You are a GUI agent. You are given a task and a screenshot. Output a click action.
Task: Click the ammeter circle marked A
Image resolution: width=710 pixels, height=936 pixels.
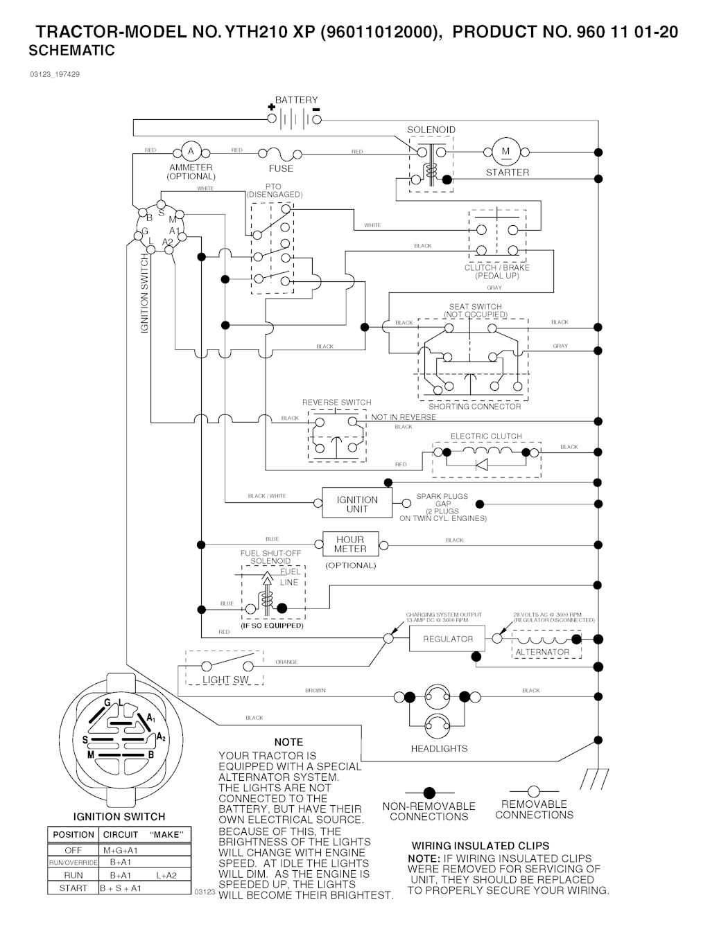pyautogui.click(x=191, y=151)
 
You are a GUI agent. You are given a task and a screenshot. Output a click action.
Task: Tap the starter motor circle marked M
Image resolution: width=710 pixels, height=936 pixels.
pyautogui.click(x=505, y=152)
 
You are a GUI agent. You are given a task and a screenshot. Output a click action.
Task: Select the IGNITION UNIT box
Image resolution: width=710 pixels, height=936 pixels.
pyautogui.click(x=357, y=504)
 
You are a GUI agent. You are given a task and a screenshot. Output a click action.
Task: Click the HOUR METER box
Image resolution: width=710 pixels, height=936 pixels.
pyautogui.click(x=350, y=544)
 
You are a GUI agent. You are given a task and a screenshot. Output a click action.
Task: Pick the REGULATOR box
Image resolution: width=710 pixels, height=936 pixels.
pyautogui.click(x=448, y=639)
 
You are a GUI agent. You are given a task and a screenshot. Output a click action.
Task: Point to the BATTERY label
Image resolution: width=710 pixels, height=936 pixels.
pyautogui.click(x=296, y=100)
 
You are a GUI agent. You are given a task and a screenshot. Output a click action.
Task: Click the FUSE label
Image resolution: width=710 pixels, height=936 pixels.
pyautogui.click(x=281, y=168)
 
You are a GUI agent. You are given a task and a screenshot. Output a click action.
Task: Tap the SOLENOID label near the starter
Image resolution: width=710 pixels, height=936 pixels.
pyautogui.click(x=431, y=130)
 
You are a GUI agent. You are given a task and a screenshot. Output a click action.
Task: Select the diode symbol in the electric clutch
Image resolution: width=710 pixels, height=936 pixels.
pyautogui.click(x=481, y=464)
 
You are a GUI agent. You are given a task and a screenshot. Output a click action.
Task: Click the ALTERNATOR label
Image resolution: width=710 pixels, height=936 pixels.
pyautogui.click(x=542, y=652)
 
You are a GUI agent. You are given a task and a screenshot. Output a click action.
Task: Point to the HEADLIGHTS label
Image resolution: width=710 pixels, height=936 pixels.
pyautogui.click(x=439, y=748)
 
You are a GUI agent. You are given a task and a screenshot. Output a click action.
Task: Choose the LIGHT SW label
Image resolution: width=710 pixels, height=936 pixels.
pyautogui.click(x=226, y=680)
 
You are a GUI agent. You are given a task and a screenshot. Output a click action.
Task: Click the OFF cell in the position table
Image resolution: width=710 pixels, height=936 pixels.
pyautogui.click(x=73, y=849)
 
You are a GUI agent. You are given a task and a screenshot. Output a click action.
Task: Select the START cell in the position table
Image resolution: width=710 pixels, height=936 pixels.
pyautogui.click(x=73, y=888)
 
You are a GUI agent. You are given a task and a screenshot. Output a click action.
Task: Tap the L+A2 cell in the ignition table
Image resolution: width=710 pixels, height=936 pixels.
pyautogui.click(x=166, y=875)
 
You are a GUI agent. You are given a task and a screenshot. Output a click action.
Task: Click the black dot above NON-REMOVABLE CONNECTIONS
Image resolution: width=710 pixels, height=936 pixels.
pyautogui.click(x=429, y=792)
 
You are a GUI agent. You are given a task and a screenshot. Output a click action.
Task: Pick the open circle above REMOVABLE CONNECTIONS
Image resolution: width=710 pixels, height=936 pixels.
pyautogui.click(x=534, y=791)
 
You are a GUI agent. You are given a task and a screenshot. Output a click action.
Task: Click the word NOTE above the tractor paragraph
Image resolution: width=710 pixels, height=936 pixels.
pyautogui.click(x=288, y=741)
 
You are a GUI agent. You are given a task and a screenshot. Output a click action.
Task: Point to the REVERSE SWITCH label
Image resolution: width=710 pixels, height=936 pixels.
pyautogui.click(x=336, y=402)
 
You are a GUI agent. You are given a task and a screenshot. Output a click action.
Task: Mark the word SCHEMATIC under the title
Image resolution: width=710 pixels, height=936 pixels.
pyautogui.click(x=71, y=51)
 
